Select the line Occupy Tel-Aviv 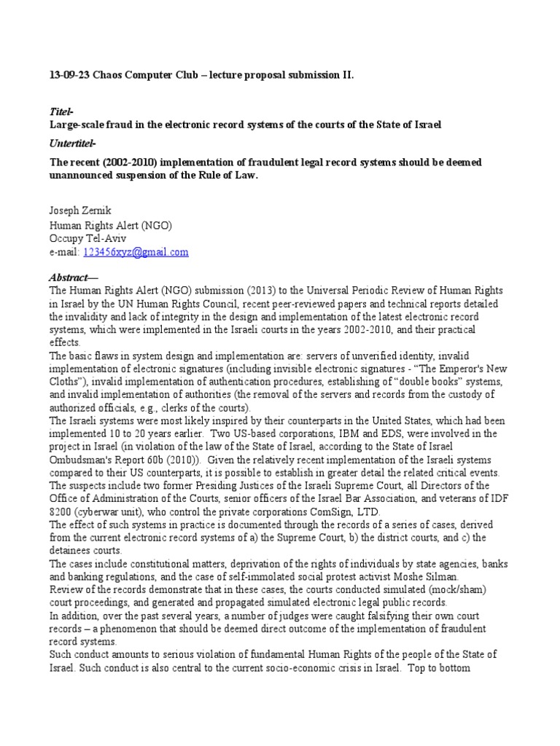click(x=84, y=238)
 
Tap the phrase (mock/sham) click(x=456, y=589)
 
